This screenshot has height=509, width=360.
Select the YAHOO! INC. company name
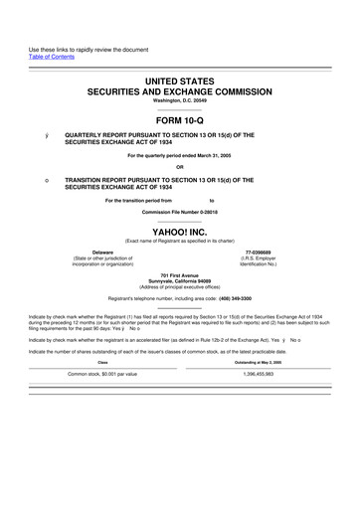point(180,229)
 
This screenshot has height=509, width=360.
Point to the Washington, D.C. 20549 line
point(180,100)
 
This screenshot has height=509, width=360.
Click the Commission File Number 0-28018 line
point(180,212)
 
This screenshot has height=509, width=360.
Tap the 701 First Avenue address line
point(180,273)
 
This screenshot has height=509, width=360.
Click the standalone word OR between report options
point(180,166)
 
